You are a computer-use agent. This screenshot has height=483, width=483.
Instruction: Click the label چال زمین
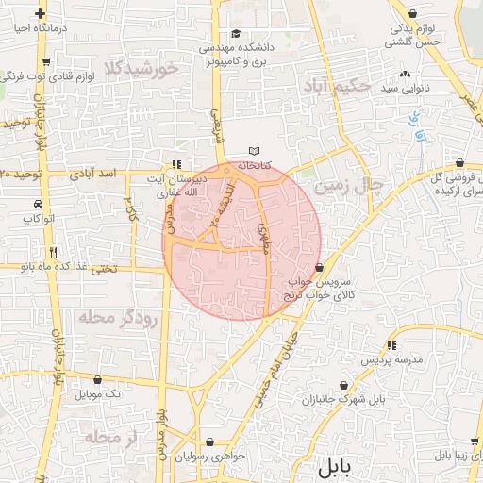point(347,186)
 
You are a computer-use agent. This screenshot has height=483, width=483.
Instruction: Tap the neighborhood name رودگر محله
point(122,316)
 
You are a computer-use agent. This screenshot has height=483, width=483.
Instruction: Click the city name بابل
point(334,466)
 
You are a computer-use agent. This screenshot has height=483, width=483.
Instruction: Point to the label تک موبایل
point(101,392)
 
